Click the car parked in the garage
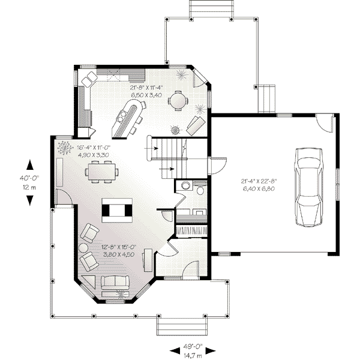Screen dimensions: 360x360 point(309,187)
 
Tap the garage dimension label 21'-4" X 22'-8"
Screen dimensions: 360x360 point(259,181)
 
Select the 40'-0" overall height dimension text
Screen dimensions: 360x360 point(29,178)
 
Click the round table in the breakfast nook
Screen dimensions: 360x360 point(178,101)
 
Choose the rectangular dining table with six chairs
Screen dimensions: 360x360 point(102,172)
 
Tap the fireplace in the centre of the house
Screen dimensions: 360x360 point(117,210)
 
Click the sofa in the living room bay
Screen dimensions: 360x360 point(115,283)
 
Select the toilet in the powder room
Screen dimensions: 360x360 point(200,190)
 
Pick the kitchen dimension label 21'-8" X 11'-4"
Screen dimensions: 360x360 point(146,88)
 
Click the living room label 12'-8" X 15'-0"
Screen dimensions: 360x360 point(119,247)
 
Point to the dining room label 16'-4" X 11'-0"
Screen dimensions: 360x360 point(94,147)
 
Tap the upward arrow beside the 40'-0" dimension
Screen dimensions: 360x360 point(29,165)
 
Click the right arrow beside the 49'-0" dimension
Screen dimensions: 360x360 point(211,350)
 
